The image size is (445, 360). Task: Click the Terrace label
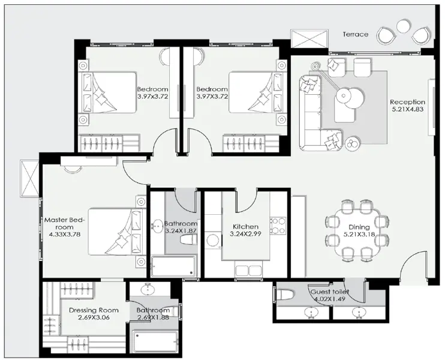(x=356, y=34)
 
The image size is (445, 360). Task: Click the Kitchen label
(x=245, y=227)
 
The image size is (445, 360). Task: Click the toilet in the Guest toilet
(x=287, y=296)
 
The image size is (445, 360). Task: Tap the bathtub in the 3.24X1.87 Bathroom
(x=173, y=266)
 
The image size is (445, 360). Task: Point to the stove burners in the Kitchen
(x=278, y=226)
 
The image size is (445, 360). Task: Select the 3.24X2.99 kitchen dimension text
(x=245, y=235)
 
